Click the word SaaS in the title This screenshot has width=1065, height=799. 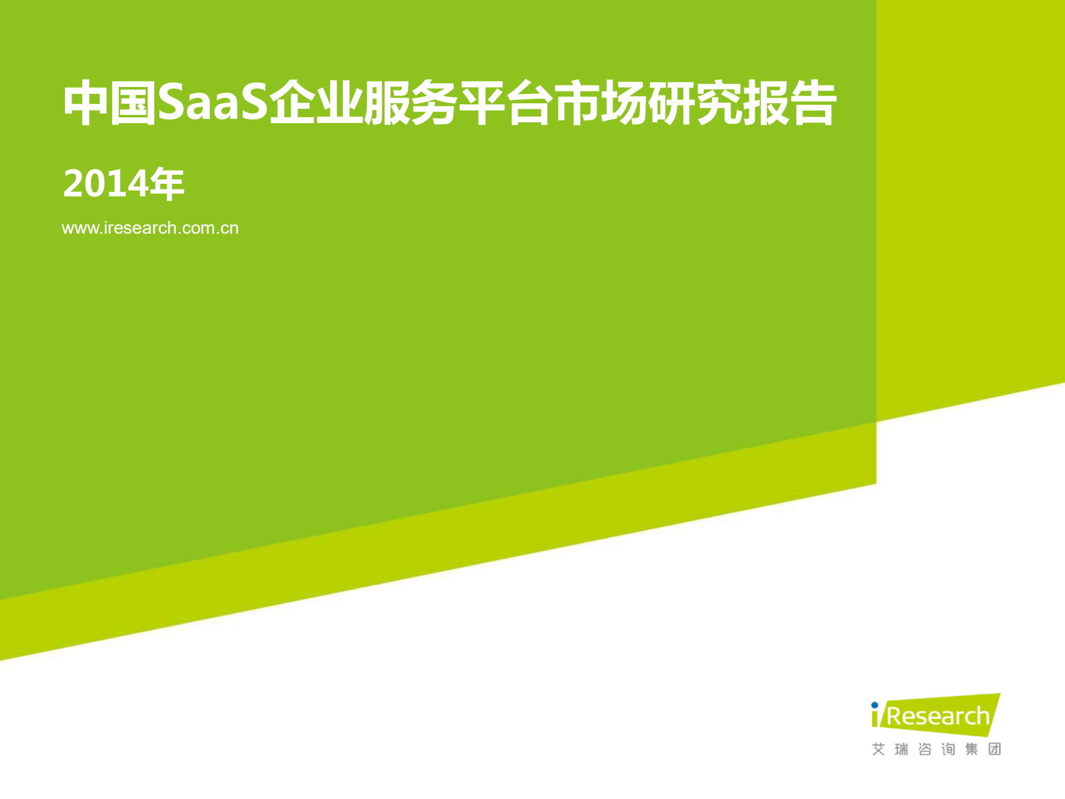pyautogui.click(x=213, y=103)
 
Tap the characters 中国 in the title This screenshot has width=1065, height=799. pyautogui.click(x=109, y=103)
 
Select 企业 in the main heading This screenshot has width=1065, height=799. pyautogui.click(x=315, y=103)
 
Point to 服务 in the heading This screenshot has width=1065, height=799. pyautogui.click(x=410, y=103)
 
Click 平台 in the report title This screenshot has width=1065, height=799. pyautogui.click(x=506, y=103)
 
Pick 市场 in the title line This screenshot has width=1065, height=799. pyautogui.click(x=600, y=103)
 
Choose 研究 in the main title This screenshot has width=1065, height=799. pyautogui.click(x=695, y=103)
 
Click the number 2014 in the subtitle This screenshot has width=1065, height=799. pyautogui.click(x=105, y=184)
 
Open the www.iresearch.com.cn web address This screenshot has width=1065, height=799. pyautogui.click(x=150, y=228)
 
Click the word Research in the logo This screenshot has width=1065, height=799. pyautogui.click(x=938, y=716)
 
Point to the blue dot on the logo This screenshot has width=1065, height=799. pyautogui.click(x=875, y=706)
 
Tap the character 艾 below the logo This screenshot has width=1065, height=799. pyautogui.click(x=878, y=750)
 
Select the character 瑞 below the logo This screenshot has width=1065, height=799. pyautogui.click(x=901, y=750)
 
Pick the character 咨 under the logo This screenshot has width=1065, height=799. pyautogui.click(x=925, y=750)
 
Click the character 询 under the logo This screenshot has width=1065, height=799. pyautogui.click(x=948, y=750)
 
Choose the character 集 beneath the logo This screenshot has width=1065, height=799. pyautogui.click(x=971, y=750)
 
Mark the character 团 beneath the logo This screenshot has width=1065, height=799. pyautogui.click(x=995, y=750)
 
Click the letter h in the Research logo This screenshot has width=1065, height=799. pyautogui.click(x=983, y=716)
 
